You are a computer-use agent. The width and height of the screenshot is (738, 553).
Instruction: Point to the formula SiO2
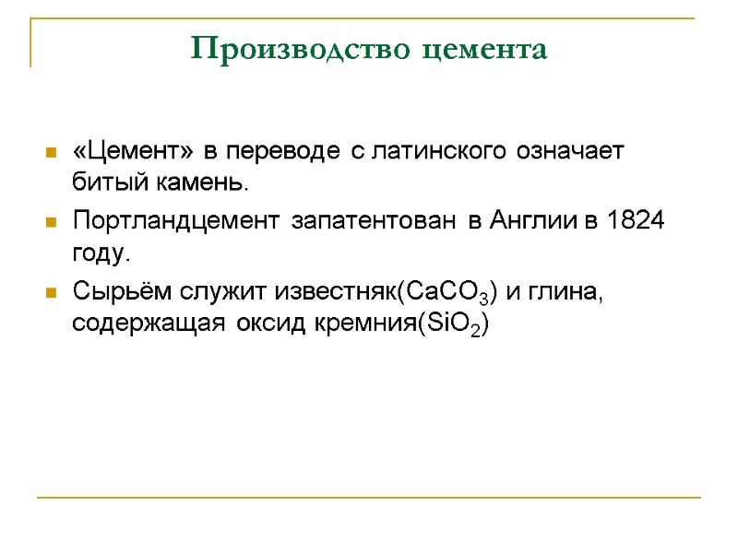[452, 324]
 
